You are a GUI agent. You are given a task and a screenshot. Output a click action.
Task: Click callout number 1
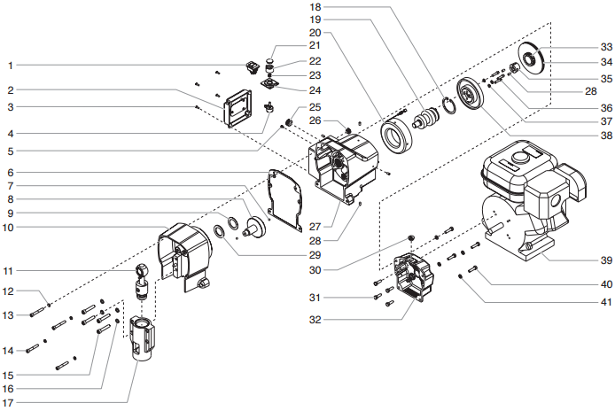(11, 65)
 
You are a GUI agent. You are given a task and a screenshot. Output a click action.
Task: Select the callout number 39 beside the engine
(605, 260)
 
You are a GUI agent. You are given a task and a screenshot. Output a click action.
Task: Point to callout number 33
(605, 47)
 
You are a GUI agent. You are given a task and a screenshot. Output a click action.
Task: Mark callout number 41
(605, 302)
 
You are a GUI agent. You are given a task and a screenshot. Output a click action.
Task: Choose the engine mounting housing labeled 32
(409, 275)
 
